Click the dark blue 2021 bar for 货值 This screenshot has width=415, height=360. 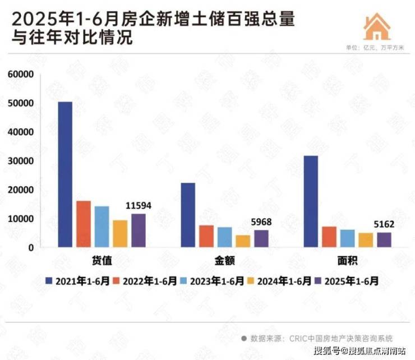click(x=66, y=174)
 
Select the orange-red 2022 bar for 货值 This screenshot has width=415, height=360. click(x=84, y=224)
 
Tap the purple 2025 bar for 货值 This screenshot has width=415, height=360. click(x=138, y=230)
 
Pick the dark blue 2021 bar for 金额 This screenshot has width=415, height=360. click(x=188, y=215)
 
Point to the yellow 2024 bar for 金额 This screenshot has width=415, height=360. click(x=243, y=241)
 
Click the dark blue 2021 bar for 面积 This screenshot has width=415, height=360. click(x=311, y=201)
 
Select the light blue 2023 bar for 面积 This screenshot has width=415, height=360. click(x=348, y=238)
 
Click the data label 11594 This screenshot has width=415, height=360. click(x=137, y=206)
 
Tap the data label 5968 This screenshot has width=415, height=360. click(x=260, y=222)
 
